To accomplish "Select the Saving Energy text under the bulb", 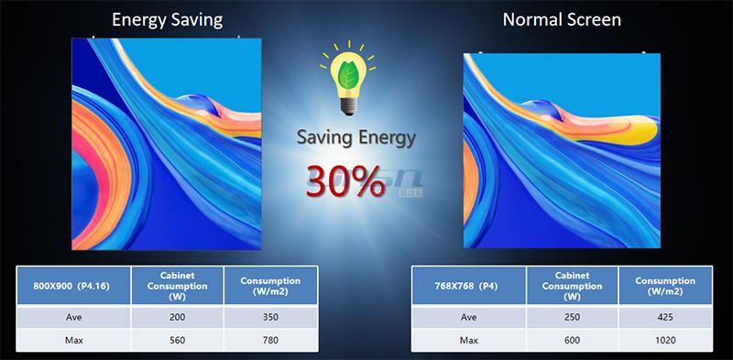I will (356, 140).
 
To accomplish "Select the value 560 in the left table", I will (178, 339).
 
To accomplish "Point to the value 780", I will (270, 339).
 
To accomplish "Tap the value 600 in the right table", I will (573, 339).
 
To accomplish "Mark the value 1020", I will (666, 339).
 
